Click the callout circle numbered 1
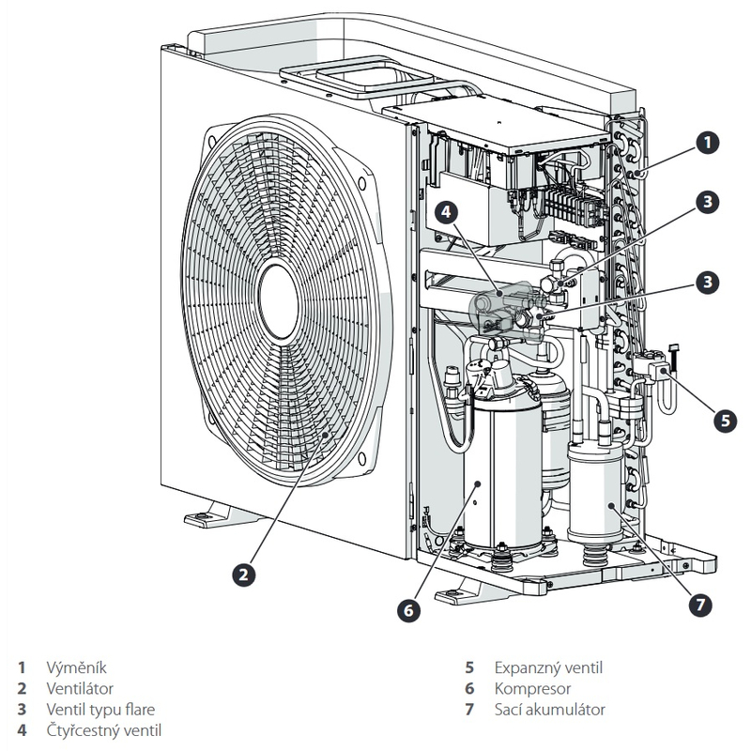tap(709, 142)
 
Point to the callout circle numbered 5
tap(725, 420)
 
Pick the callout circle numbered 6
tap(407, 610)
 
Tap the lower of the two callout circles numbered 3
tap(709, 281)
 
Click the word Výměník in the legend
tap(77, 668)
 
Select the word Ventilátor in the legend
tap(81, 689)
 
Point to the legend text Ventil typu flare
tap(100, 710)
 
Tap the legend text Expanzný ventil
tap(548, 668)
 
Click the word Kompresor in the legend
tap(531, 689)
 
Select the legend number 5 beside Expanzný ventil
tap(469, 668)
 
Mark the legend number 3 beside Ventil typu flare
tap(21, 710)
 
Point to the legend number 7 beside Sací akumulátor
tap(469, 710)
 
